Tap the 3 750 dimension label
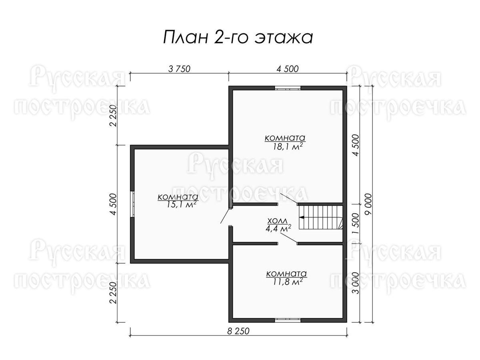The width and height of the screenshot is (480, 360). click(179, 69)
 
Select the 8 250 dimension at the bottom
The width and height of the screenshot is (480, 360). click(238, 331)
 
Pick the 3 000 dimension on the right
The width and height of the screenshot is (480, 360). click(356, 283)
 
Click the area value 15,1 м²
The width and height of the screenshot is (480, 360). click(181, 204)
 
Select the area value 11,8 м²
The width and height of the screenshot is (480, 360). click(287, 282)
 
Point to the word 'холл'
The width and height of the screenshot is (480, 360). click(277, 221)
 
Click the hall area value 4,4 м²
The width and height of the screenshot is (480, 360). click(278, 229)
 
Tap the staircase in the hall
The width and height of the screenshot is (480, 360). click(320, 217)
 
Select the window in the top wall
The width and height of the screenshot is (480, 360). click(288, 88)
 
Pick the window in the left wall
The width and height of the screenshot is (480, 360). click(132, 204)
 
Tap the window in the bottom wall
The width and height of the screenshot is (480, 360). click(288, 320)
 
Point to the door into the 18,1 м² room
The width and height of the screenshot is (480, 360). click(288, 198)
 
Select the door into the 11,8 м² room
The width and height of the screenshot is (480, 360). click(289, 238)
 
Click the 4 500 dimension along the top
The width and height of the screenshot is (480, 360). click(287, 69)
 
